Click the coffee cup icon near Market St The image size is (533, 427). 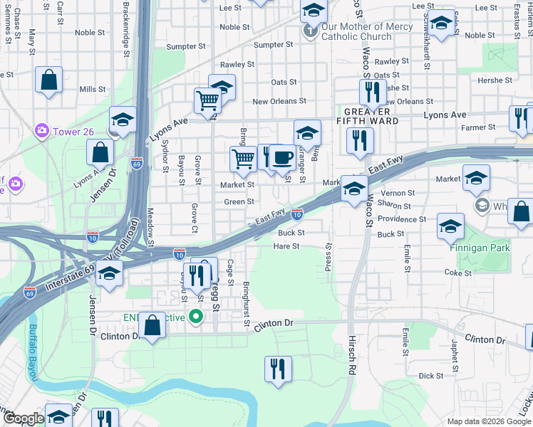point(283,157)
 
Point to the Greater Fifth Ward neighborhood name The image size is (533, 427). point(367,116)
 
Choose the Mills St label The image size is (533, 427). point(93,90)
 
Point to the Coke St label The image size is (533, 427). point(458,273)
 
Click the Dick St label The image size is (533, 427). point(431,375)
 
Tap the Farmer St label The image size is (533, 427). point(478,127)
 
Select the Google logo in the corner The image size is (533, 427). point(24,418)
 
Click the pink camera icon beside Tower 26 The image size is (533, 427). point(41,130)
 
